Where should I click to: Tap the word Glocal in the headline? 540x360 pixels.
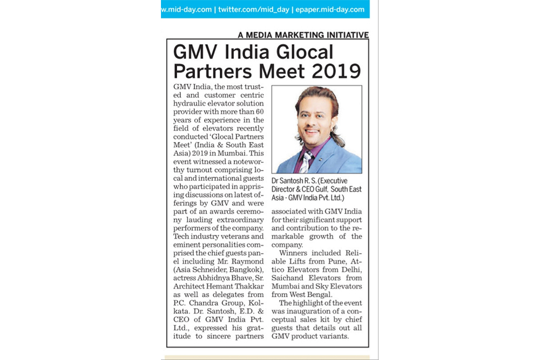pos(304,52)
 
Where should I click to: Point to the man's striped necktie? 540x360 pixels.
pos(306,161)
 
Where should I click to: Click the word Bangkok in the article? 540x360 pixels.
pos(246,269)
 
